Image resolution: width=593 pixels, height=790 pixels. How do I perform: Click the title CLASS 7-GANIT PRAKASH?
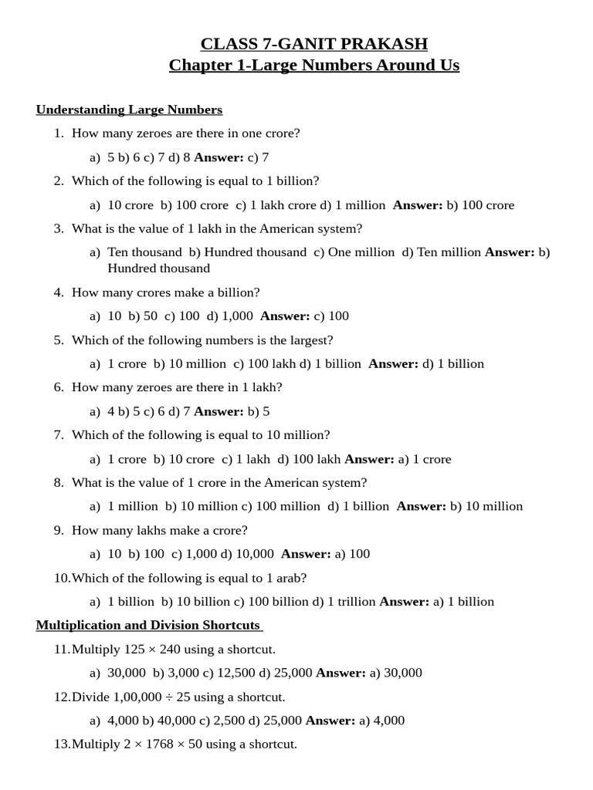(x=313, y=43)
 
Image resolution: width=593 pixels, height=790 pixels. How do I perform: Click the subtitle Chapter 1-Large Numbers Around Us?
(x=313, y=65)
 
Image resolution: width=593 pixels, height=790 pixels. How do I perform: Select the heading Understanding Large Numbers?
(x=129, y=110)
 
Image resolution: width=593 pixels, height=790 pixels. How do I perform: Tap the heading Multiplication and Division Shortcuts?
(x=148, y=625)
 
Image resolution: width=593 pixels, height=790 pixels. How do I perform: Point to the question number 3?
(x=59, y=228)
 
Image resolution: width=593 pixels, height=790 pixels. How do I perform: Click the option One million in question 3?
(x=361, y=252)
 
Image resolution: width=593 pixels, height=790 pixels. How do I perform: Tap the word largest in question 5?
(x=311, y=340)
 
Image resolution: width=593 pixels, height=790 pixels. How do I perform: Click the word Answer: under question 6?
(x=219, y=411)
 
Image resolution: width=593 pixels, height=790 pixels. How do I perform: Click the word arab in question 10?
(x=293, y=578)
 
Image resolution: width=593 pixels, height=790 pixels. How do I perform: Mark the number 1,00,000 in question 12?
(x=138, y=697)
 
